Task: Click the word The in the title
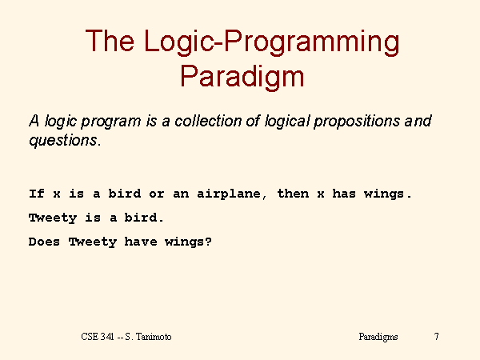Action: click(110, 41)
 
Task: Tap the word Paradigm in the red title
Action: click(242, 77)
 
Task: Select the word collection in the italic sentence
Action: click(208, 121)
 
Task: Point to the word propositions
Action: click(357, 122)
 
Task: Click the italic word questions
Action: click(64, 142)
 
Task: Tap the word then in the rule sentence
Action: click(293, 194)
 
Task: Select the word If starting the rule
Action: click(37, 194)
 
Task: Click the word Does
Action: click(44, 242)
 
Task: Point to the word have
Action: click(141, 242)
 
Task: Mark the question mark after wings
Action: click(208, 242)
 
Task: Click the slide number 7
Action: click(437, 337)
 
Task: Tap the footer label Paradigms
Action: click(378, 337)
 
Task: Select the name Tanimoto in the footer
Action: click(154, 337)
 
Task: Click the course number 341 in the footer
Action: click(107, 337)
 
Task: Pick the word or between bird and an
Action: click(157, 194)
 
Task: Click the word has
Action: click(344, 194)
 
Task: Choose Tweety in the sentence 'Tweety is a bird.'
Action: click(53, 218)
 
